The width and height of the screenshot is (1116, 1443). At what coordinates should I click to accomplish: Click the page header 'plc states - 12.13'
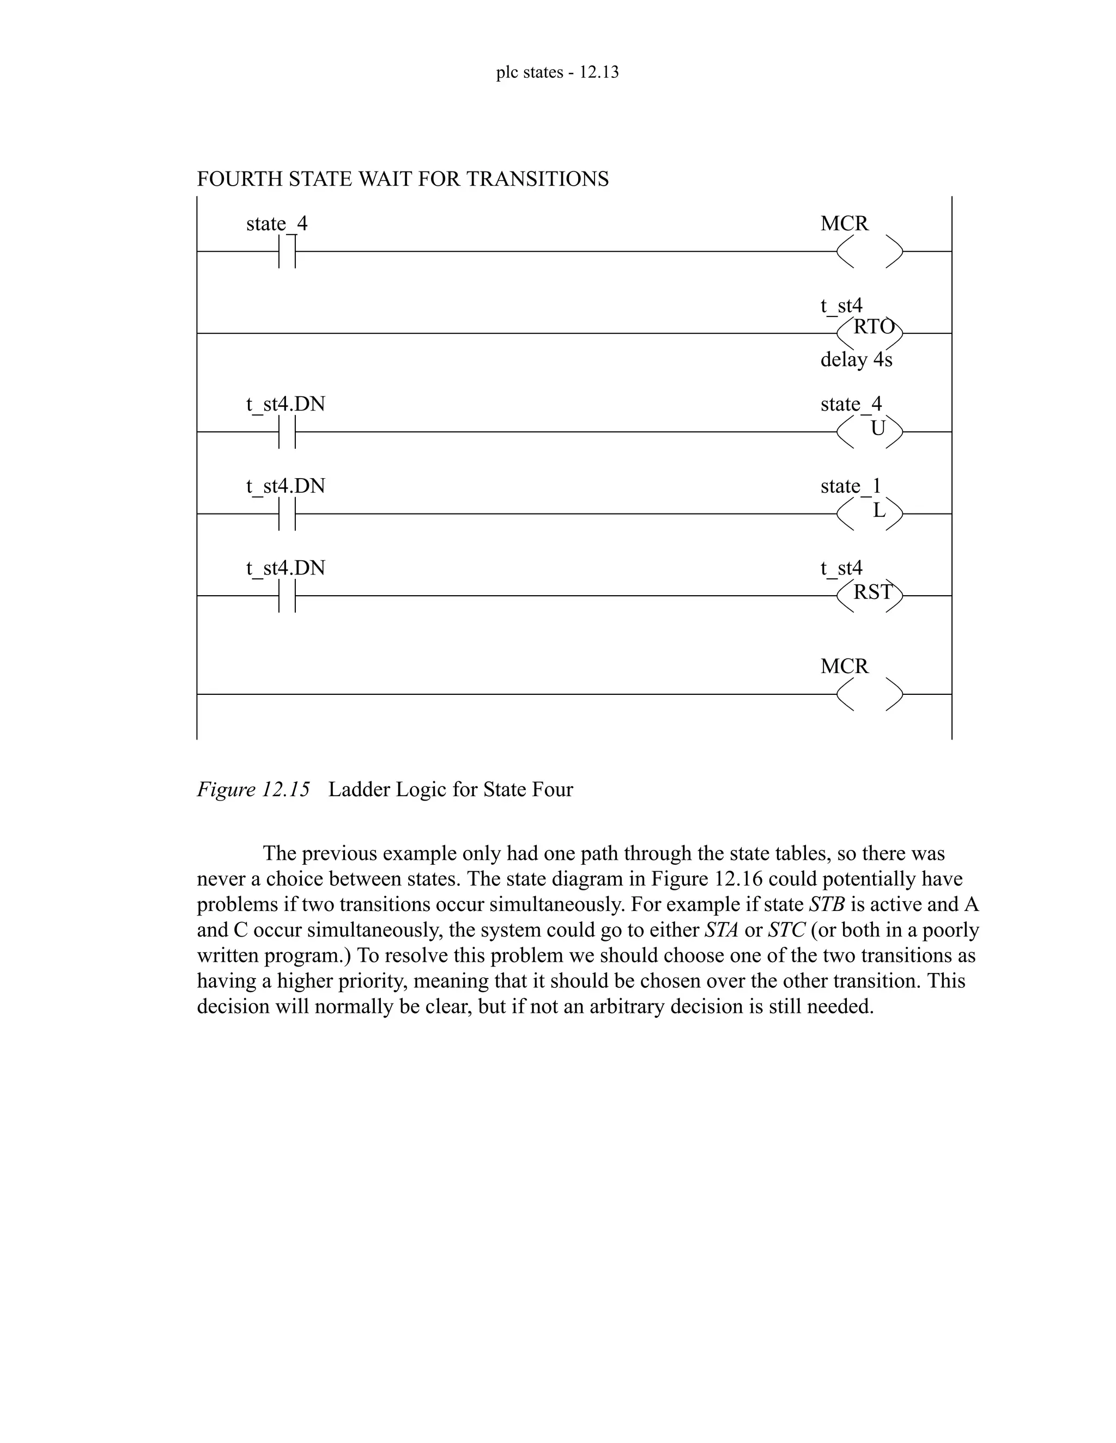(557, 72)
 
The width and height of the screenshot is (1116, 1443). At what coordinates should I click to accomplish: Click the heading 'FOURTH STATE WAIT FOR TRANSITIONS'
(403, 179)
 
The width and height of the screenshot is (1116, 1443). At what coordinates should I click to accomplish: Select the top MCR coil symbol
(869, 252)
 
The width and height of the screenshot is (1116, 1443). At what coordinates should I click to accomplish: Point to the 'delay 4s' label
(856, 360)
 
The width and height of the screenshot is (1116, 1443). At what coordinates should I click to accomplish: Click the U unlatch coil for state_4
(869, 431)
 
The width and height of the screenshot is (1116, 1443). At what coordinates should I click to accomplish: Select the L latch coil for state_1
(869, 513)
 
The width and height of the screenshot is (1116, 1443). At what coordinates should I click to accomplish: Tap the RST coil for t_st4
(869, 595)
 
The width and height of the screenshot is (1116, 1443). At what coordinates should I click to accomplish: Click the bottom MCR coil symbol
(869, 694)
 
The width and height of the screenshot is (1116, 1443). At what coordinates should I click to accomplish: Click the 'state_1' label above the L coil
(850, 486)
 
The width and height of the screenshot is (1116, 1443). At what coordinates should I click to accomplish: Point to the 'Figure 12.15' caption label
(253, 790)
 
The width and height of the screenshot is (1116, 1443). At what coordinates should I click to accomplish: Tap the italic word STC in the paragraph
(786, 930)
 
